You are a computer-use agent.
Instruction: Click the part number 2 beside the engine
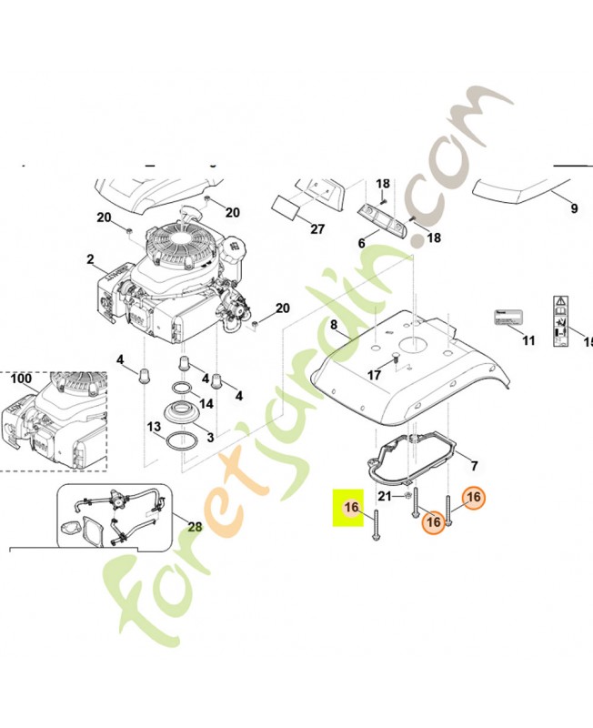click(90, 259)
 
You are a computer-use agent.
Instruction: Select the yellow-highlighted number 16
click(352, 507)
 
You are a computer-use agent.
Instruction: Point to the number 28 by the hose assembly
click(195, 526)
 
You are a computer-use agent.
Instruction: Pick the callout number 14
click(206, 403)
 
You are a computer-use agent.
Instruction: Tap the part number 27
click(317, 229)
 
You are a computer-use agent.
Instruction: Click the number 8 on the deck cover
click(334, 324)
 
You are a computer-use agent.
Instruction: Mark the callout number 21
click(384, 496)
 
